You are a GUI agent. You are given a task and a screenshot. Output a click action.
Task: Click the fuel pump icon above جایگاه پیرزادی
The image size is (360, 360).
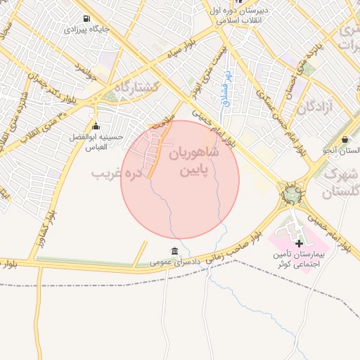pyautogui.click(x=86, y=18)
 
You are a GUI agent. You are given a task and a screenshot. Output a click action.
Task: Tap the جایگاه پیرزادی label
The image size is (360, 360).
pyautogui.click(x=86, y=30)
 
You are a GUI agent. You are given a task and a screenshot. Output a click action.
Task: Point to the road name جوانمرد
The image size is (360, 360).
pyautogui.click(x=84, y=70)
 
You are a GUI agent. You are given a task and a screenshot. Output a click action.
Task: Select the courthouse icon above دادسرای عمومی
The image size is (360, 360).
pyautogui.click(x=174, y=251)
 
